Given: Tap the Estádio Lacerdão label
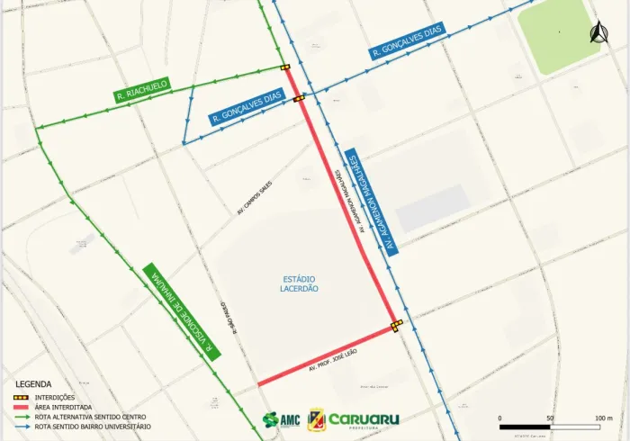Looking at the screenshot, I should (x=298, y=283).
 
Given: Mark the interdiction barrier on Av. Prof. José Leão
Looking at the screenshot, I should (x=396, y=325).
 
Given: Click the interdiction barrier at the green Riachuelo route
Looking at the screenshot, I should (x=284, y=67).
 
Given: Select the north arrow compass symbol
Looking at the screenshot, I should (x=594, y=34).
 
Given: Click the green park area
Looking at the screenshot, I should (x=559, y=33).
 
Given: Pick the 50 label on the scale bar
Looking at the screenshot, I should (x=549, y=419).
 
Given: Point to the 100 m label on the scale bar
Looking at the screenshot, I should (x=602, y=419).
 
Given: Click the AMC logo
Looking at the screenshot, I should (x=281, y=420).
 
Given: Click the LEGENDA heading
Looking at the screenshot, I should (x=33, y=383).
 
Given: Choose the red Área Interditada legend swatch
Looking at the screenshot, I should (x=22, y=407).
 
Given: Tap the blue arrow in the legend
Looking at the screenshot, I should (x=22, y=427).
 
